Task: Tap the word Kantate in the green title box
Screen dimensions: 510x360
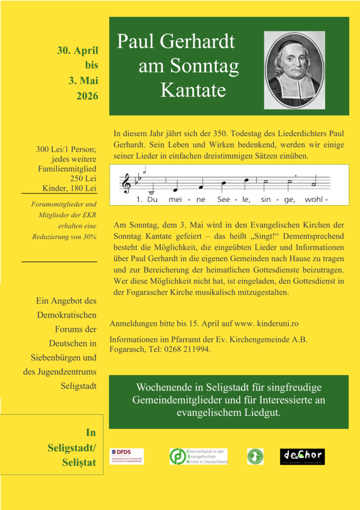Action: (x=193, y=90)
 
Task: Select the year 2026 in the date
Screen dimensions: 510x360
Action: (x=87, y=96)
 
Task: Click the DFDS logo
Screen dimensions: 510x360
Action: (x=126, y=456)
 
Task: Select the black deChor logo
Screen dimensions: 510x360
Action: (x=302, y=456)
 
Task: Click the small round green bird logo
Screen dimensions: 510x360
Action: (x=255, y=456)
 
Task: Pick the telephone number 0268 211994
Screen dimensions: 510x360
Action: (x=186, y=350)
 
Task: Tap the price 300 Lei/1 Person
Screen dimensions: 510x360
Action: (x=66, y=149)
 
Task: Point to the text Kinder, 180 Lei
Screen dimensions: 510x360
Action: (x=69, y=188)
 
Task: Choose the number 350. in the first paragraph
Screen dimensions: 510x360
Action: (x=234, y=133)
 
